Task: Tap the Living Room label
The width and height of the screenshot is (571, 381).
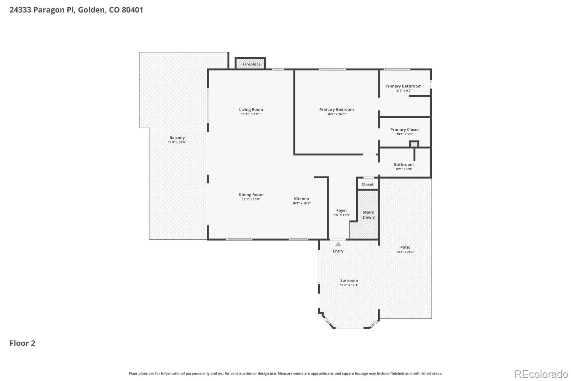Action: (251, 110)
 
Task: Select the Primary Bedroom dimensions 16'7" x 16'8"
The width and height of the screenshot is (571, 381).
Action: (337, 114)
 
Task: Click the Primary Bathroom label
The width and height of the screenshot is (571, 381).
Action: (403, 86)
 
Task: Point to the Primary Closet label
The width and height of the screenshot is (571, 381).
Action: (404, 130)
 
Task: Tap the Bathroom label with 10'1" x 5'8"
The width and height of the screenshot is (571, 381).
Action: (404, 165)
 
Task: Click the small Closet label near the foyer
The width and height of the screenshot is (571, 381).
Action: (367, 184)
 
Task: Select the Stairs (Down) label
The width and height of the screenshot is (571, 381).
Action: (368, 215)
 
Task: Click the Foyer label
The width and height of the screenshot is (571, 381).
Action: (341, 210)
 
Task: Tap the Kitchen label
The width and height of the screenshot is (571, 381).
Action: (301, 199)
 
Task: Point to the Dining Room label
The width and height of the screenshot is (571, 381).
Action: (251, 195)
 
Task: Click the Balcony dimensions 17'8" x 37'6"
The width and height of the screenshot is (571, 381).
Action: (177, 142)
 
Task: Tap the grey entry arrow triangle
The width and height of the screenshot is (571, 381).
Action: (338, 244)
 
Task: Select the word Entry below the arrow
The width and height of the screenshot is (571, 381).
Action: (338, 251)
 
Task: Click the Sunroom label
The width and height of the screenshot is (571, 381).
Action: (349, 280)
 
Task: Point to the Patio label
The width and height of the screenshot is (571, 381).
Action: (405, 247)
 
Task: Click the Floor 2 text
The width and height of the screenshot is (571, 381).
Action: (22, 343)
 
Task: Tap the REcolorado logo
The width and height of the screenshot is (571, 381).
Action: (541, 374)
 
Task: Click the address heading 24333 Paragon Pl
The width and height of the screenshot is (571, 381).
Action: (76, 10)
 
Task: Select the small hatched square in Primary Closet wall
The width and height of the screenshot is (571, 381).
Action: (414, 144)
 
